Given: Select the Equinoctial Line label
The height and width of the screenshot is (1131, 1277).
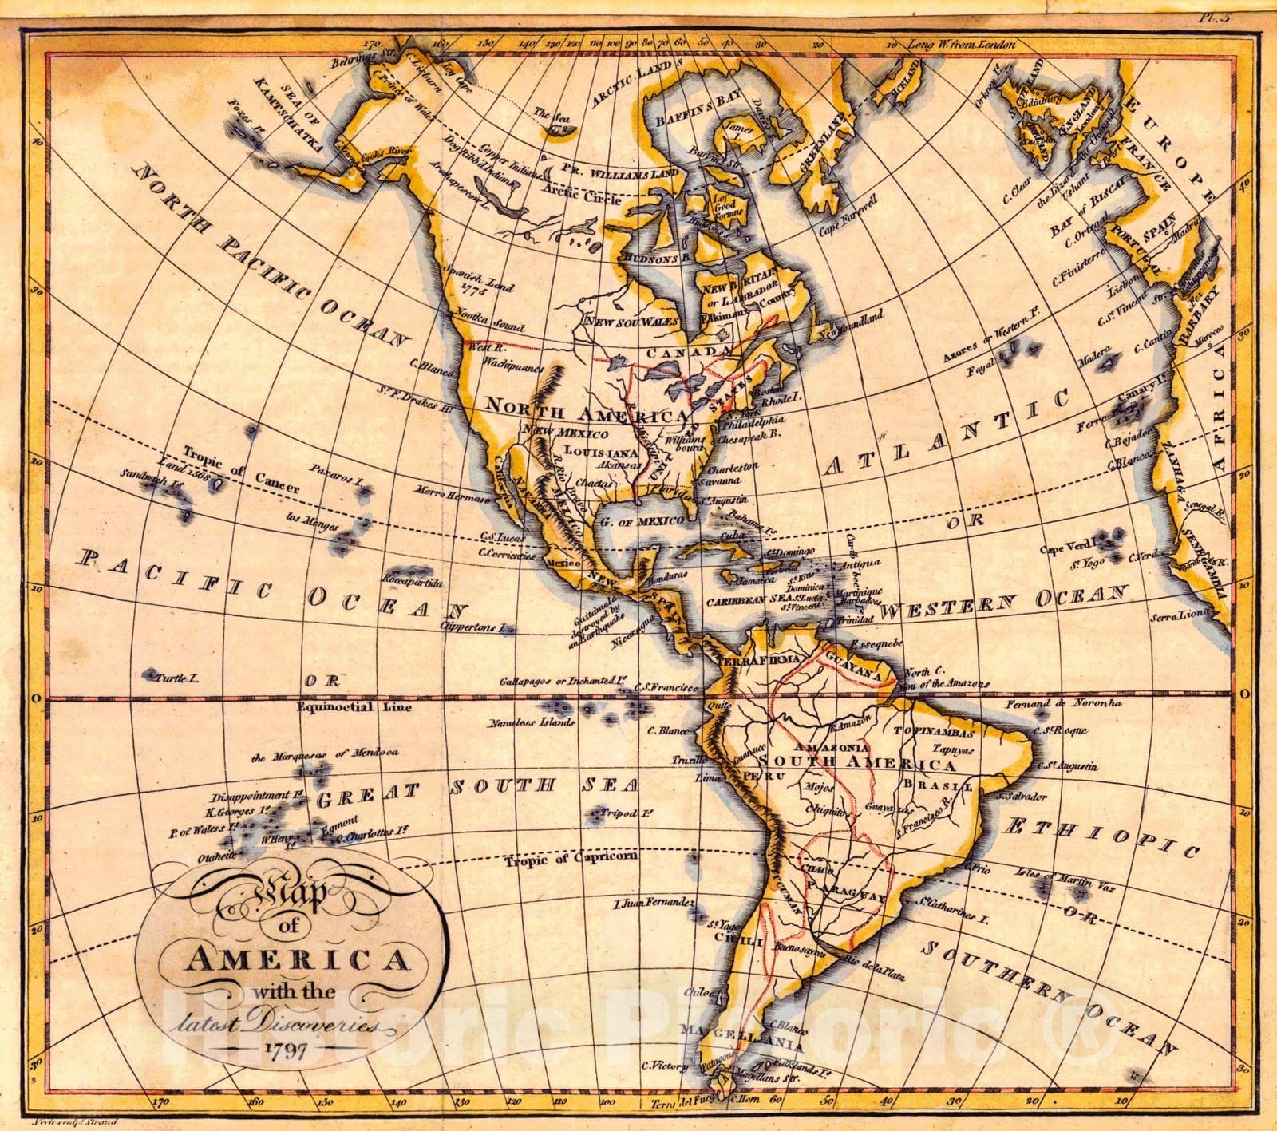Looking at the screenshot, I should point(342,707).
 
